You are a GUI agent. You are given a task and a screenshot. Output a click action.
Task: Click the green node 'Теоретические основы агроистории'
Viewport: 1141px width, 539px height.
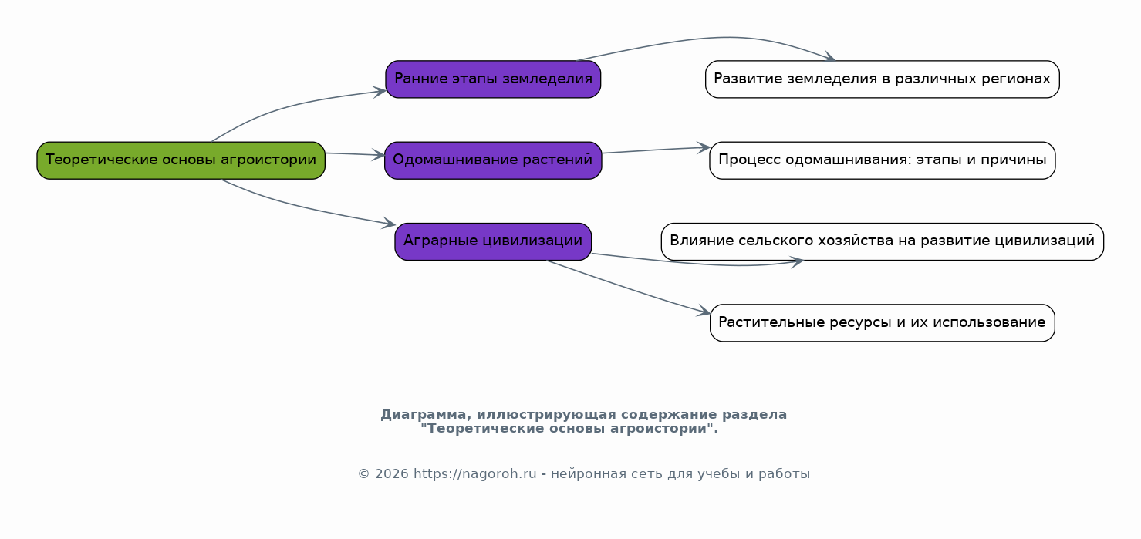click(x=181, y=160)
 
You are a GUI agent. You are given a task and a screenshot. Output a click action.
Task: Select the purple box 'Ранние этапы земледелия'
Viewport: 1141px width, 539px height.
click(x=493, y=79)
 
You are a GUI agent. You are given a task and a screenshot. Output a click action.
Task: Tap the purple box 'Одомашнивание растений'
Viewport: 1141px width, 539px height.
click(x=493, y=160)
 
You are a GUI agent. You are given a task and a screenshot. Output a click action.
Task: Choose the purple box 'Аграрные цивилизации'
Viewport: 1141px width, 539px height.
click(x=493, y=242)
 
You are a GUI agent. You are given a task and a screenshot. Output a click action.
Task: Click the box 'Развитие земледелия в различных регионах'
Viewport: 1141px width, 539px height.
click(x=883, y=79)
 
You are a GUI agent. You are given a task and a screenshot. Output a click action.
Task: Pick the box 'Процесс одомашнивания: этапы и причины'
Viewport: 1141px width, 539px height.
click(x=883, y=160)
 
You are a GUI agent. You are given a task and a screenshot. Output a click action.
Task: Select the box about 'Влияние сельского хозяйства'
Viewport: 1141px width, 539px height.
click(x=883, y=242)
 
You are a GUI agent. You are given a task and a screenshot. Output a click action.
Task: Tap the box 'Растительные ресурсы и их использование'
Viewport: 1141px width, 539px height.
click(x=883, y=322)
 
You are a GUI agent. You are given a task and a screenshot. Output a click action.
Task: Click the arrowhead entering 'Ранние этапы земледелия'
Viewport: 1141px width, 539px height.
click(x=380, y=92)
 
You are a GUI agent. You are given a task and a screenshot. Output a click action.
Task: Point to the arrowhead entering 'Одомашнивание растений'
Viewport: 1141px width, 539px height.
click(x=379, y=155)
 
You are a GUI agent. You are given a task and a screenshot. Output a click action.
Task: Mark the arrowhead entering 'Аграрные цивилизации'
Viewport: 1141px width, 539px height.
click(x=389, y=223)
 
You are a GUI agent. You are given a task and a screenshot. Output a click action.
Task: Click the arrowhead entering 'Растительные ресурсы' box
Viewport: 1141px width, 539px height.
click(x=704, y=311)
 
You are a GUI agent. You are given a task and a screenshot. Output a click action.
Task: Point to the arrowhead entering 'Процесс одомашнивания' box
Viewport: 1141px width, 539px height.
click(x=704, y=147)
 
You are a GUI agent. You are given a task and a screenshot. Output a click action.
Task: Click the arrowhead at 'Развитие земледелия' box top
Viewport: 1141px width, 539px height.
click(x=829, y=57)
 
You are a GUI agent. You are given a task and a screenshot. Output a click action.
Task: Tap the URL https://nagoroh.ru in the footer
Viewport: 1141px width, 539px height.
click(x=474, y=474)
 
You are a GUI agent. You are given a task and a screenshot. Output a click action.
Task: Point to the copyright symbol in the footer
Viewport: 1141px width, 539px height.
click(x=363, y=474)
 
